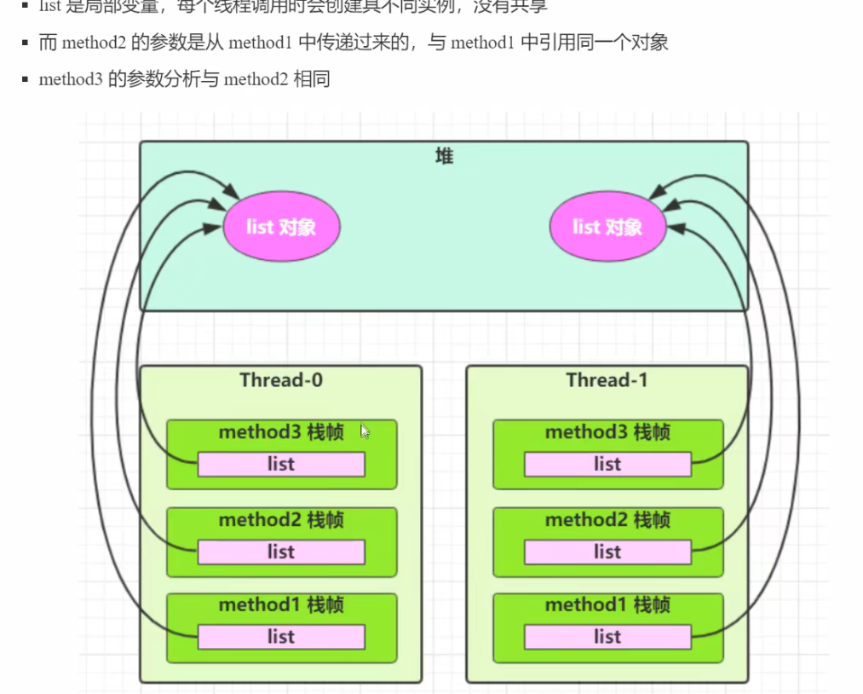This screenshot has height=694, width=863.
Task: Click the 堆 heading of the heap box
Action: [x=444, y=156]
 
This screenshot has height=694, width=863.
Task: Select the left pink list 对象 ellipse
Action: [x=281, y=227]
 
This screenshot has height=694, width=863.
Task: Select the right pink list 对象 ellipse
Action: [x=607, y=227]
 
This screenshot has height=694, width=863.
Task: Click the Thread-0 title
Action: [x=281, y=379]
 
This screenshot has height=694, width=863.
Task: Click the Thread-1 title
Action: [x=607, y=379]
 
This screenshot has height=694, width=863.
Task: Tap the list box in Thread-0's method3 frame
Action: [x=281, y=465]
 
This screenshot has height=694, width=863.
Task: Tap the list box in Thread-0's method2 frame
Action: [x=281, y=552]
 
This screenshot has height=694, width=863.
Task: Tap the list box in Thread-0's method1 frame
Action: [x=281, y=637]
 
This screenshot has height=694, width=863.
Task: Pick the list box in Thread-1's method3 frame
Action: [x=607, y=465]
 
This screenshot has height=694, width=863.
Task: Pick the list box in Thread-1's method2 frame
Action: [x=607, y=552]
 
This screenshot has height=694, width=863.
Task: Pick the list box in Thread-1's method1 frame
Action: [x=607, y=637]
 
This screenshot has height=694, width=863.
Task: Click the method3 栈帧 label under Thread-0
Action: [x=281, y=432]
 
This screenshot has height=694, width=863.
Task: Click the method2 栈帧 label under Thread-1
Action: [x=607, y=520]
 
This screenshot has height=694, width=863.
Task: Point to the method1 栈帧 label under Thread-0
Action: [x=281, y=605]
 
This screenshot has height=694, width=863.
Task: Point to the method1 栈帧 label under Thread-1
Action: [x=607, y=605]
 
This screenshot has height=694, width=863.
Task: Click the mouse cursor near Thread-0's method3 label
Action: [x=365, y=431]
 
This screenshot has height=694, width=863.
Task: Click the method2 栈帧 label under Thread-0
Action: [x=281, y=520]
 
